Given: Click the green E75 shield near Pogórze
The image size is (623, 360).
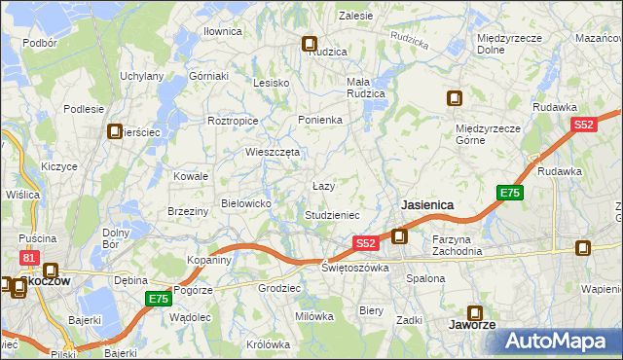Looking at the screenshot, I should (159, 299).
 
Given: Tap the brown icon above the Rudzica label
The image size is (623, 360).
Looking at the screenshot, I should (310, 44).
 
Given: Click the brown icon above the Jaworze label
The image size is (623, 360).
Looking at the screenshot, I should (475, 313).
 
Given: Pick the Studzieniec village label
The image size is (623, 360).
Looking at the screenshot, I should (333, 214).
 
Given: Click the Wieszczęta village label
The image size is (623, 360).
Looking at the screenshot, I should (273, 152).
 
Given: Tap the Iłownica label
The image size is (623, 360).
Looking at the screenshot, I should (222, 31).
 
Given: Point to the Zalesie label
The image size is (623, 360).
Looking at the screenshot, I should (356, 16).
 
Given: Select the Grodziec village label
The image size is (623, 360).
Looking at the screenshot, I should (278, 289).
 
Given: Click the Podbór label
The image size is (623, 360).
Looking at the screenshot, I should (39, 43).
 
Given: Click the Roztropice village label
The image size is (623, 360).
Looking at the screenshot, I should (233, 121).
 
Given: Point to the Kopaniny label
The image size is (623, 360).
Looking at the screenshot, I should (209, 260).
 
